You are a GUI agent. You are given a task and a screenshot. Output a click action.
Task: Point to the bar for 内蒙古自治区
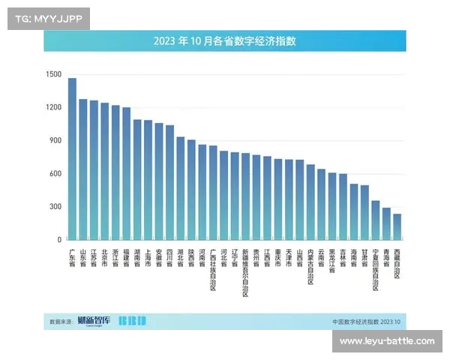(x=310, y=202)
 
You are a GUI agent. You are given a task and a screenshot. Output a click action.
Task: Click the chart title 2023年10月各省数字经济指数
(x=225, y=40)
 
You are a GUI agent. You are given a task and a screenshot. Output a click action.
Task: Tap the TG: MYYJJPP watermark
(x=48, y=18)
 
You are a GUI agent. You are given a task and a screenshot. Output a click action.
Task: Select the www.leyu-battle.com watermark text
(x=387, y=341)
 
